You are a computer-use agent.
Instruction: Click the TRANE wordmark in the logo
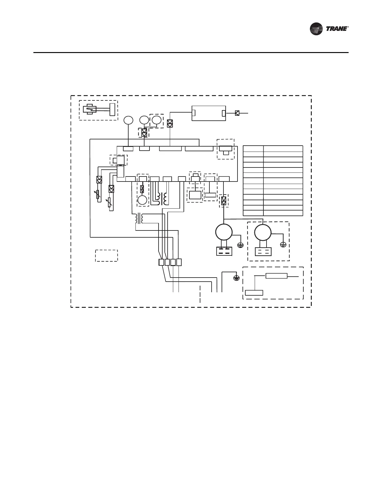tap(336, 29)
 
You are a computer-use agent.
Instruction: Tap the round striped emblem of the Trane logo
tap(316, 29)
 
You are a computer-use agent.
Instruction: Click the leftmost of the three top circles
tap(128, 120)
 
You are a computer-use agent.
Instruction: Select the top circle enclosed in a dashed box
tap(156, 120)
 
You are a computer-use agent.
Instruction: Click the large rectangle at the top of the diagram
tap(208, 113)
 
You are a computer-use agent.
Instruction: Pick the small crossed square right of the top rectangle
tap(237, 113)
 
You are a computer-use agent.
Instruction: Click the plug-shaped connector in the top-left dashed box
tap(91, 109)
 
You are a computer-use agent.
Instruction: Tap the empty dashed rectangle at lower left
tap(106, 255)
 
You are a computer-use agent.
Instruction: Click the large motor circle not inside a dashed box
tap(224, 232)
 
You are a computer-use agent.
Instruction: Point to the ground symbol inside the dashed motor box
tap(283, 245)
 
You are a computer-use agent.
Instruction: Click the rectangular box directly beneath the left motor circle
tap(224, 251)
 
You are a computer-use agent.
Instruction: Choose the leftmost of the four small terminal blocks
tap(161, 262)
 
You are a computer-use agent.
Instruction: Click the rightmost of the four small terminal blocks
tap(179, 262)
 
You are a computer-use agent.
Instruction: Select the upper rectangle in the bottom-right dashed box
tap(276, 276)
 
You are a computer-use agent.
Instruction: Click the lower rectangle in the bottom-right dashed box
tap(254, 293)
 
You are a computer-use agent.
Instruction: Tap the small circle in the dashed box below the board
tap(142, 200)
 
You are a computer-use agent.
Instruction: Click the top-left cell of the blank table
tap(253, 148)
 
